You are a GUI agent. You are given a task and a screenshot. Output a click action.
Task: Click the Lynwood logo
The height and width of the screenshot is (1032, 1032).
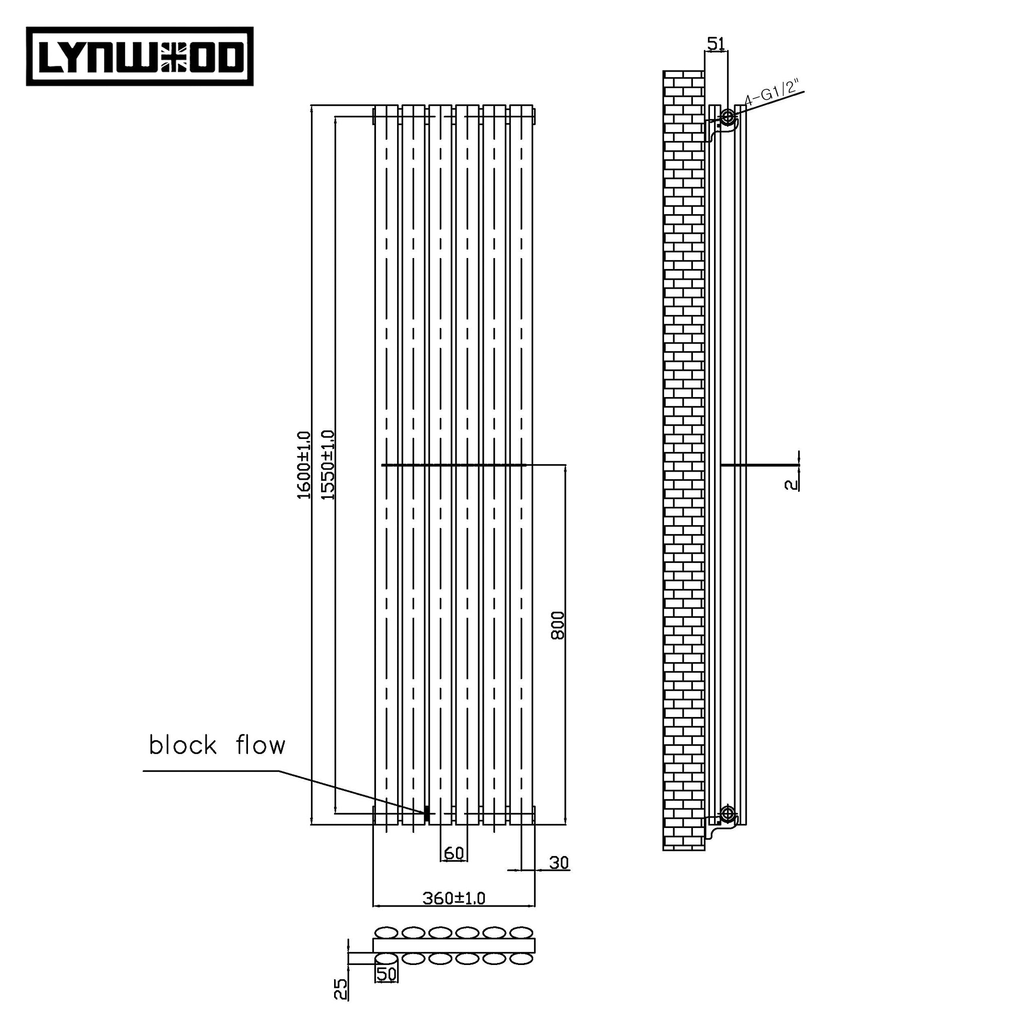click(140, 56)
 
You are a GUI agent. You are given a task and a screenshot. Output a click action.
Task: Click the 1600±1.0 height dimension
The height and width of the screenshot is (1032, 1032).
click(304, 465)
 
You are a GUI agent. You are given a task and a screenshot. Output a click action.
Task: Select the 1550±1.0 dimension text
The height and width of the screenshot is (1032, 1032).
click(328, 465)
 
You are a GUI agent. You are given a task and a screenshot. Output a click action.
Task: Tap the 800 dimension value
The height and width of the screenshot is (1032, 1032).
click(558, 625)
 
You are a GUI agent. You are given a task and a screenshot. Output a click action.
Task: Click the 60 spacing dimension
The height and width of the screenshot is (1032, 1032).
click(454, 854)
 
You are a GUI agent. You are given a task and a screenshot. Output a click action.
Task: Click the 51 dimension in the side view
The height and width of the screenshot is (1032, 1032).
click(715, 44)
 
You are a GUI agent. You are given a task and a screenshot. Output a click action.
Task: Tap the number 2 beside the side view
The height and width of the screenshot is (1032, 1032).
click(791, 484)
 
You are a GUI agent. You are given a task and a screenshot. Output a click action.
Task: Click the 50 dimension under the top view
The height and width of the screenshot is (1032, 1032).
click(386, 989)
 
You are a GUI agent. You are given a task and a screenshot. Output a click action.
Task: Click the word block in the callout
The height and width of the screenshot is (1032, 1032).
click(182, 745)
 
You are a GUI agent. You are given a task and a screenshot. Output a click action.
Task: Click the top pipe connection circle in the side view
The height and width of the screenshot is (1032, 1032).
click(728, 116)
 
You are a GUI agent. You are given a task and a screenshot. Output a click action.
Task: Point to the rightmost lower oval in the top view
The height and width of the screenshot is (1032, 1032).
click(522, 974)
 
